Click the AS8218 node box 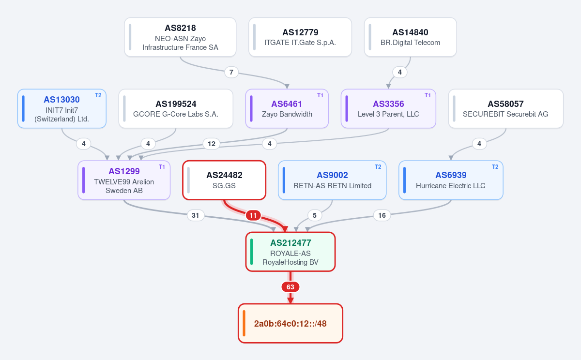point(180,37)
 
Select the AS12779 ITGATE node point(300,37)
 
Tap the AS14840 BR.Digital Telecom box point(411,37)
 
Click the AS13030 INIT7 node point(62,108)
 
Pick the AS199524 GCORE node point(176,108)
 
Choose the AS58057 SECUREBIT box point(506,108)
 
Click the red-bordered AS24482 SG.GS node point(224,180)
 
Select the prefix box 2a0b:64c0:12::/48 point(290,323)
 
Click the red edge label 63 point(290,287)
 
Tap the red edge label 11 point(253,215)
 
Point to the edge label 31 point(196,215)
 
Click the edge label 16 point(382,215)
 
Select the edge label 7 point(231,72)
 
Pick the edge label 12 point(212,144)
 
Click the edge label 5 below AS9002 point(315,215)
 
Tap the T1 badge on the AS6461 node point(320,95)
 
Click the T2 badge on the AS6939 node point(495,167)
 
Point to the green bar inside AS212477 point(251,252)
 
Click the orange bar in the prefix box point(244,323)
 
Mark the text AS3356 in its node point(388,104)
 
